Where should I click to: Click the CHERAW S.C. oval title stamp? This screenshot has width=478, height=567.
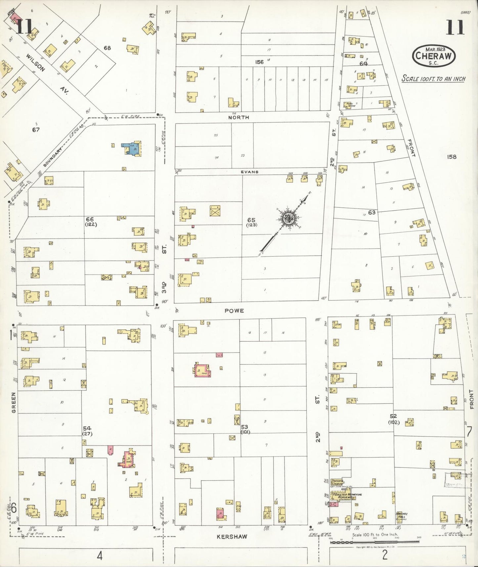[433, 57]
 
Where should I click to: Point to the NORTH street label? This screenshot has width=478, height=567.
[238, 117]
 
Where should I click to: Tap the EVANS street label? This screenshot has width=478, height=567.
[250, 172]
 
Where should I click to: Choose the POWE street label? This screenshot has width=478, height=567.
[234, 311]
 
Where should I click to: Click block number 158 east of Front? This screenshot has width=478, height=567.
[452, 157]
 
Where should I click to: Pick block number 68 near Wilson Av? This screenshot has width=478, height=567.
[107, 48]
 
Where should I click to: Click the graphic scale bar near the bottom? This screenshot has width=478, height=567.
[375, 542]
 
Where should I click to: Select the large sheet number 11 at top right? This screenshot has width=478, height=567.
[456, 27]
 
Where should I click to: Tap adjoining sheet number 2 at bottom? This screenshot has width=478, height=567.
[384, 555]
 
